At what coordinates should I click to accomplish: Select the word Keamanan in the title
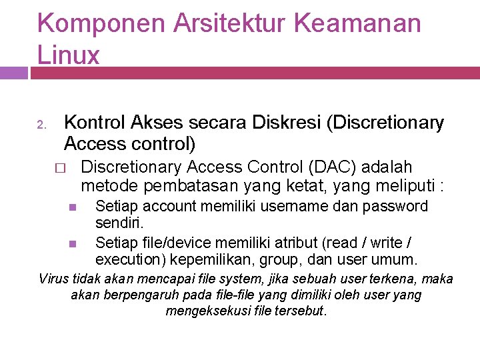(357, 24)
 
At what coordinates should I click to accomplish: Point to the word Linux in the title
(69, 55)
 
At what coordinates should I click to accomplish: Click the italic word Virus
(54, 279)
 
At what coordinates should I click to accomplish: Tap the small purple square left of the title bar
(14, 72)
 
